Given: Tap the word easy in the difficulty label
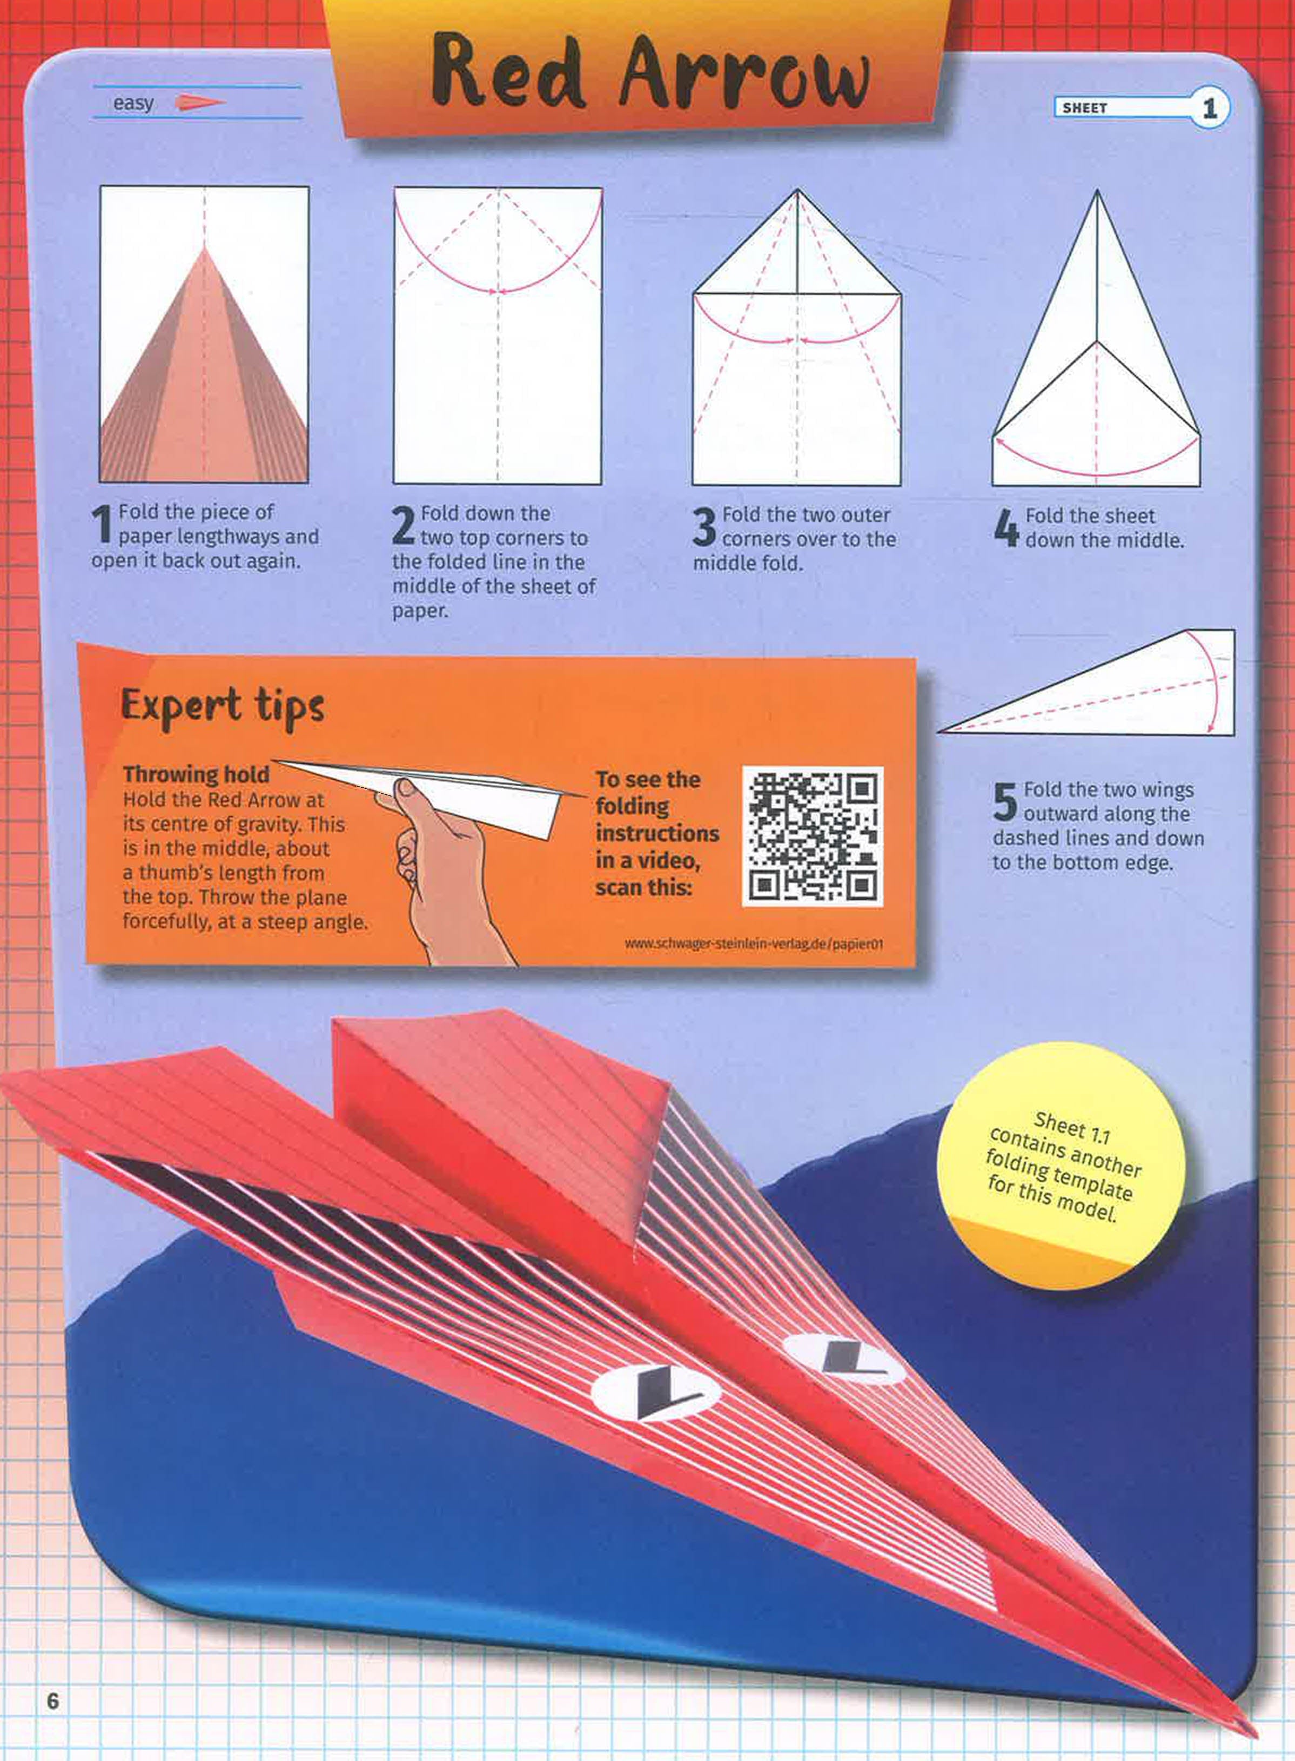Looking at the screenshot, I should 133,104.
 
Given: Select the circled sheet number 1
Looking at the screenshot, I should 1210,108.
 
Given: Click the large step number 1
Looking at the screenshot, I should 102,525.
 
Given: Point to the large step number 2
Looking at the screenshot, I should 403,526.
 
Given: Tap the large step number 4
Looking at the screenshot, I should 1006,528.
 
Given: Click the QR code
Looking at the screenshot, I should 812,836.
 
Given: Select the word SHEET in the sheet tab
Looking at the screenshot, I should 1084,108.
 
